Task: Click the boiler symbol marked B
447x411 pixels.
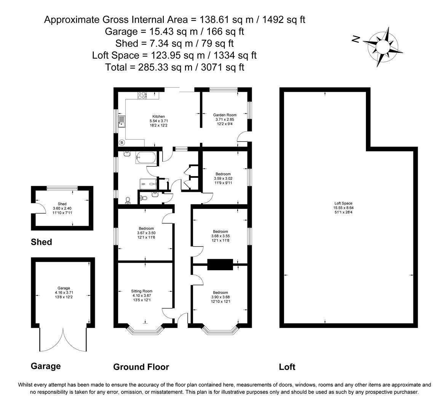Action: tap(122, 143)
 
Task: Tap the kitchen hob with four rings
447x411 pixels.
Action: tap(142, 95)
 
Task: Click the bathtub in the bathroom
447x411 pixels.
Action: tap(146, 157)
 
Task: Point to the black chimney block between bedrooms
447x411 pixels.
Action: tap(220, 264)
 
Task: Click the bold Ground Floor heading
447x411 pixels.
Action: tap(141, 367)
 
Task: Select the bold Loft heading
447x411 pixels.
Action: tap(287, 367)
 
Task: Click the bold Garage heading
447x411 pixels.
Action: tap(46, 366)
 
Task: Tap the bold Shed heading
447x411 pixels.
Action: tap(41, 242)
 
